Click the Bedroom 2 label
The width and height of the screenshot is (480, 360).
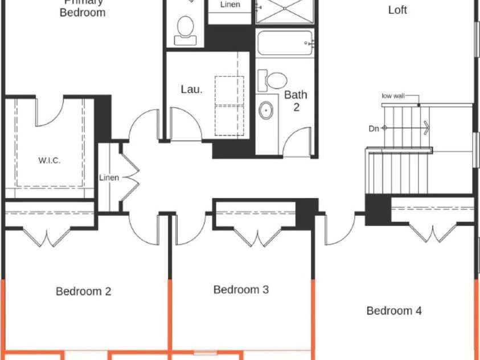[x=83, y=292]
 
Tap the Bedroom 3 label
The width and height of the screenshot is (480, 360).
[x=241, y=290]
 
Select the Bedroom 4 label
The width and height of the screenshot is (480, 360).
[x=394, y=311]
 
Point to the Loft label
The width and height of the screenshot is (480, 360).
[x=397, y=10]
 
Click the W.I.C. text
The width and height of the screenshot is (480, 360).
[x=50, y=161]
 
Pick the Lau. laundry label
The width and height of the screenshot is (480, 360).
[x=191, y=89]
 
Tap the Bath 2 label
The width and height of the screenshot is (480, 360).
[x=296, y=101]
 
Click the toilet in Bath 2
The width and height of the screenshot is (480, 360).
[x=273, y=80]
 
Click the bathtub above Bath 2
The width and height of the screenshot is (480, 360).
[x=285, y=43]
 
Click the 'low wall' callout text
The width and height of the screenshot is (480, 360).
[x=393, y=96]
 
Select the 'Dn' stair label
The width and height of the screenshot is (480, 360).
[x=374, y=129]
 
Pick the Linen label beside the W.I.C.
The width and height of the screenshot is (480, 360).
[x=109, y=178]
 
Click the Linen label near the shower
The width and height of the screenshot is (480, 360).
[x=230, y=5]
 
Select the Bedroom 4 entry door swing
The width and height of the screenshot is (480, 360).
[x=339, y=231]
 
